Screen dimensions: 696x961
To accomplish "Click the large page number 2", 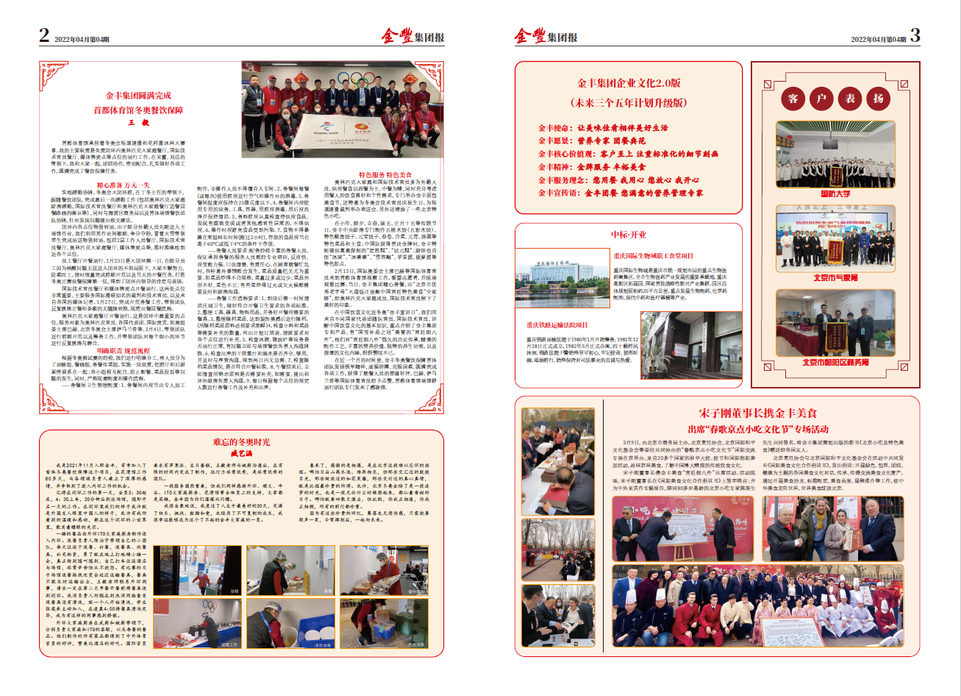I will click(x=45, y=35).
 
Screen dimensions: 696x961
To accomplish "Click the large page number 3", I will click(x=915, y=35).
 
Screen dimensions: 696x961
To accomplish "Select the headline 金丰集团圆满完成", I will click(x=138, y=96).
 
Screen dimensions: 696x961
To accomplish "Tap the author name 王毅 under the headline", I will click(x=139, y=123).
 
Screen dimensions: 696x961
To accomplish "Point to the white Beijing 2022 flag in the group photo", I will click(x=324, y=132).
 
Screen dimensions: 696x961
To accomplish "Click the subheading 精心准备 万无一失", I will click(x=124, y=185).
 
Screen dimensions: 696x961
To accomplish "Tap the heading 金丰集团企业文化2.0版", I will click(x=629, y=84).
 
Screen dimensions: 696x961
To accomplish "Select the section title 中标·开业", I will click(x=629, y=235).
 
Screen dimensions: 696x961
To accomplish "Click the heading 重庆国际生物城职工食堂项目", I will click(x=654, y=256).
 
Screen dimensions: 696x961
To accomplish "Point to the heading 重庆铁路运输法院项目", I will click(x=557, y=324).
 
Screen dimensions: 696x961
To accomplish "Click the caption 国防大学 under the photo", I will click(x=835, y=193).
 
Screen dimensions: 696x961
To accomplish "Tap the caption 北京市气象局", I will click(x=835, y=278).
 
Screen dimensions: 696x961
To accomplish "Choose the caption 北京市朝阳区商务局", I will click(x=835, y=362).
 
